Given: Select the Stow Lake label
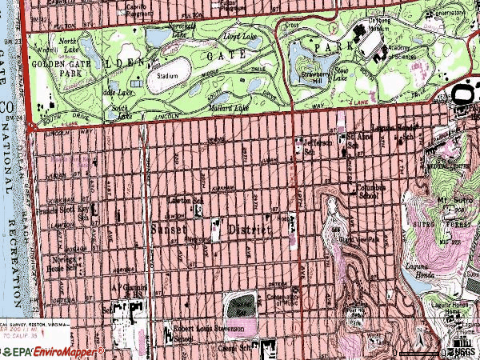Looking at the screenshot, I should point(341,78).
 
